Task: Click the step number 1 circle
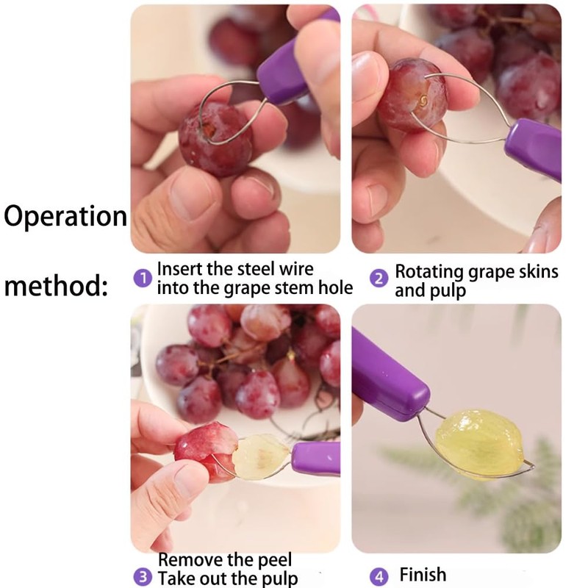pos(143,278)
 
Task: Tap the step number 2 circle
pos(379,279)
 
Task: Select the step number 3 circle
pos(143,577)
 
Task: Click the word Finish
pos(423,574)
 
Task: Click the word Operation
pos(66,216)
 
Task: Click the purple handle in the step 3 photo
pos(315,457)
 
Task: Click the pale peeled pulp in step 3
pos(260,455)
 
